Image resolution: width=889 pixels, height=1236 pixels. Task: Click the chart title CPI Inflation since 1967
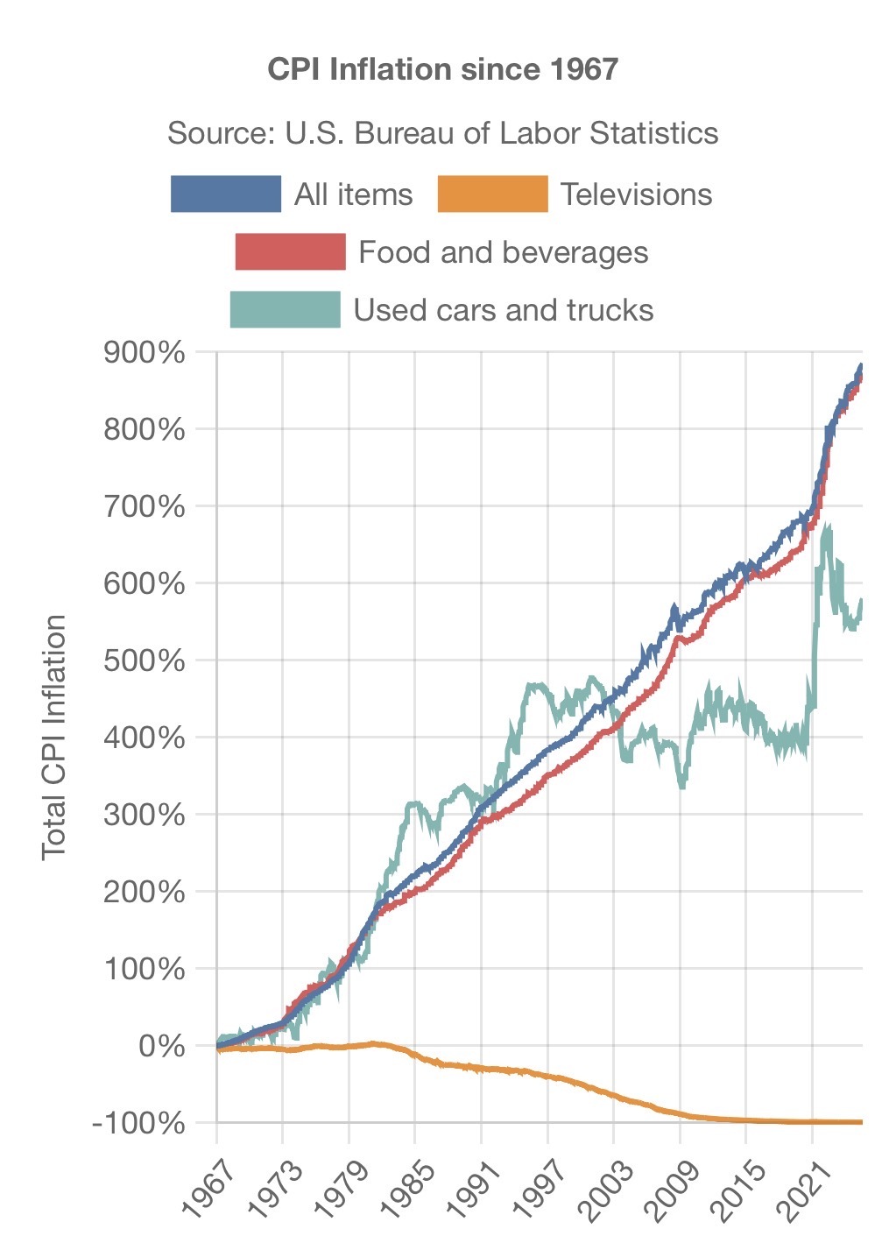[443, 69]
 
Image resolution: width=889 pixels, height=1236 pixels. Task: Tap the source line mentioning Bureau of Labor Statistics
[443, 133]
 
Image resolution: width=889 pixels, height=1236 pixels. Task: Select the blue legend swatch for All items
[226, 194]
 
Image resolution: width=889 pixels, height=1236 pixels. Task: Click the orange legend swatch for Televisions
[492, 194]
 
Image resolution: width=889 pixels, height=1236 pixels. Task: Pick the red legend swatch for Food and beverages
[291, 252]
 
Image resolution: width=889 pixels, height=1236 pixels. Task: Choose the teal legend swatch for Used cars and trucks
[285, 310]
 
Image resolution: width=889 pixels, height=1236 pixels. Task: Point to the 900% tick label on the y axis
[145, 353]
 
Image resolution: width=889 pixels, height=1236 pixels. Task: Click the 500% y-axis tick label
[145, 660]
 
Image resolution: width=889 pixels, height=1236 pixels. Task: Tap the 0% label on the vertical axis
[162, 1045]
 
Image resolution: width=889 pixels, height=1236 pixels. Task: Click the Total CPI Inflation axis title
[54, 737]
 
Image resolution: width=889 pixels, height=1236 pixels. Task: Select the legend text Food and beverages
[504, 252]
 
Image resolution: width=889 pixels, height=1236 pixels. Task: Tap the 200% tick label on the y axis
[145, 892]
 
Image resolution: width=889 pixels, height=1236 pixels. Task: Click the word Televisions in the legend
[636, 194]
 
